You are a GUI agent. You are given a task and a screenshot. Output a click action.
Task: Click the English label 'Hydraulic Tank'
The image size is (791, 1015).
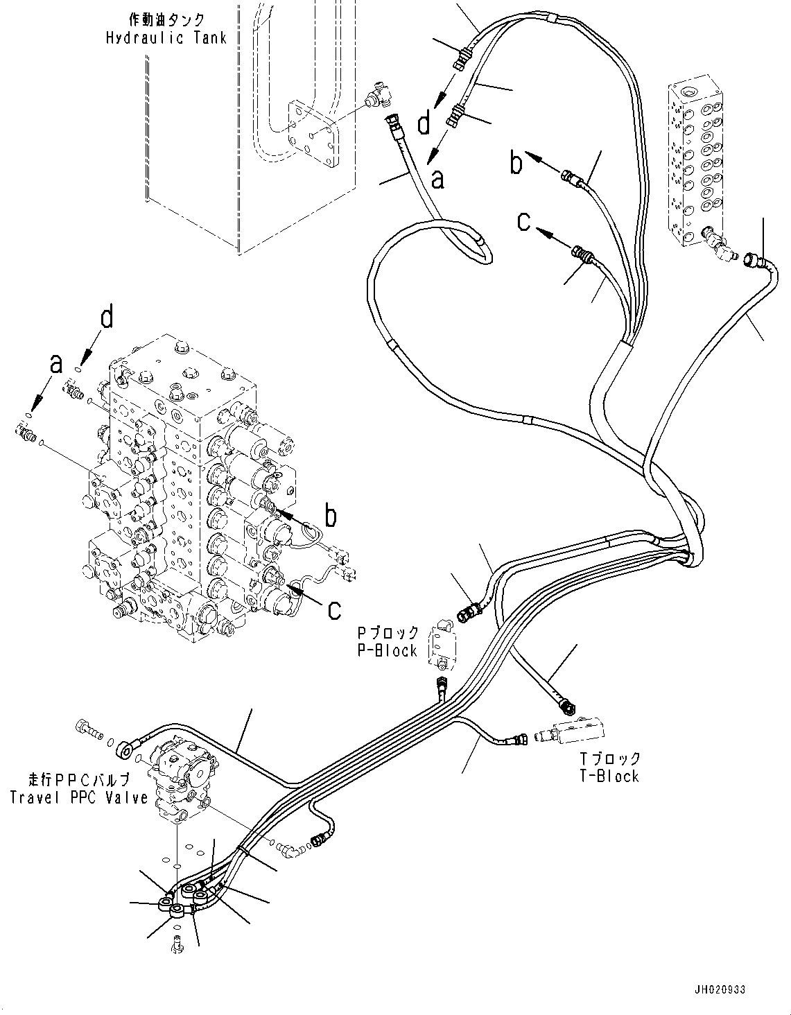tap(166, 38)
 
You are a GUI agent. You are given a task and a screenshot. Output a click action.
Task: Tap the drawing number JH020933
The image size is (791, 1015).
tap(718, 990)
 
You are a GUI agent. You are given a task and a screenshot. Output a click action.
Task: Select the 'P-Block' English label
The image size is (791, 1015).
tap(388, 650)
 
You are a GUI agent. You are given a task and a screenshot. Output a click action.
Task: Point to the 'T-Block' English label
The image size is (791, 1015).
tap(609, 776)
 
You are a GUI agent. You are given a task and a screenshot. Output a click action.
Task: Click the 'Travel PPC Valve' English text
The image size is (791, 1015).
tap(79, 797)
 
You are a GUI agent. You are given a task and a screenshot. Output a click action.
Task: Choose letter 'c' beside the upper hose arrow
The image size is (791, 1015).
tap(525, 221)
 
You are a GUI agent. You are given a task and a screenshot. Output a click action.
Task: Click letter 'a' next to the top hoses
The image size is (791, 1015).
tap(437, 180)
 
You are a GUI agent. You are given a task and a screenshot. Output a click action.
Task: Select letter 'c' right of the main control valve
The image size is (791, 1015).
tap(335, 609)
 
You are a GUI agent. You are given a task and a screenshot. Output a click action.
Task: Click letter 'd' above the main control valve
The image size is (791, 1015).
tap(107, 318)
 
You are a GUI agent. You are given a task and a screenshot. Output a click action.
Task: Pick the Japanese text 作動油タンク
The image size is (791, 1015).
tap(166, 21)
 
